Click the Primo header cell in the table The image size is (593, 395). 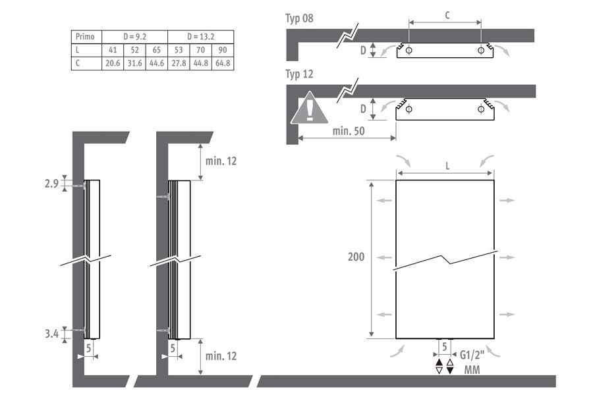[86, 37]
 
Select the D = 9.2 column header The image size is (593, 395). [134, 37]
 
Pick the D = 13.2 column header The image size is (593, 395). [201, 37]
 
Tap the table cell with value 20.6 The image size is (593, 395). [113, 63]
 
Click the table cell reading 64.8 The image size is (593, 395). [223, 63]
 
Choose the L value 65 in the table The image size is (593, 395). [157, 50]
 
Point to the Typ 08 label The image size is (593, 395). [299, 18]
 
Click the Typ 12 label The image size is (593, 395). [299, 74]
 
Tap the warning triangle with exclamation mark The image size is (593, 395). [310, 109]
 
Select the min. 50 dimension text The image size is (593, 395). [349, 131]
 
